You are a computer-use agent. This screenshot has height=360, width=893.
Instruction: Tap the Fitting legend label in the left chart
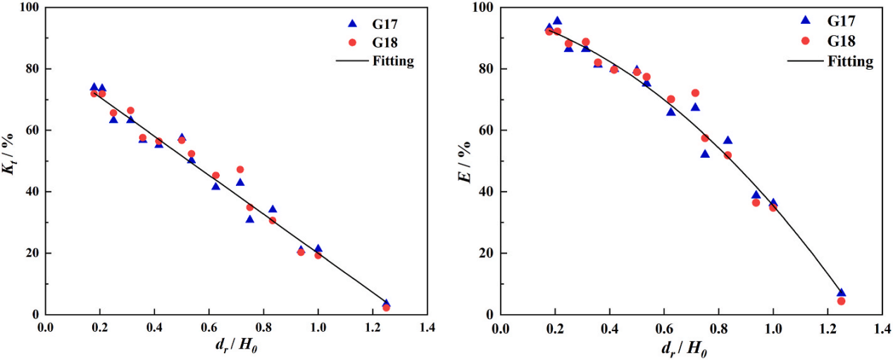point(393,61)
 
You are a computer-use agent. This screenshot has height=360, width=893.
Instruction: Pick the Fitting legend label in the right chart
point(850,61)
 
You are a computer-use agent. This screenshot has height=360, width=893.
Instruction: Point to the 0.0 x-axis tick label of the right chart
point(501,328)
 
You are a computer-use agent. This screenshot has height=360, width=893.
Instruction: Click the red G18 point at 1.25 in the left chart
point(386,307)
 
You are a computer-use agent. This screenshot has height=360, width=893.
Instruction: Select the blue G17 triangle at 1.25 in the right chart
point(841,292)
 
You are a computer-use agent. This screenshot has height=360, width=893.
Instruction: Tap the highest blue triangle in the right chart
point(557,21)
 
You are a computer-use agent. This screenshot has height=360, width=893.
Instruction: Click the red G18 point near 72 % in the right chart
point(695,93)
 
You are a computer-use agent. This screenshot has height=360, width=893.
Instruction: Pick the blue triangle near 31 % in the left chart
point(249,219)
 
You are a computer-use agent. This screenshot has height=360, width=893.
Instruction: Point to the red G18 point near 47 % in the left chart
point(240,170)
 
